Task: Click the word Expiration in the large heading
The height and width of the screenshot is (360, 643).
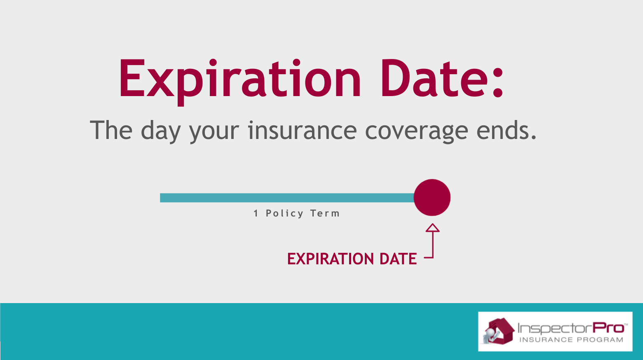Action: [240, 82]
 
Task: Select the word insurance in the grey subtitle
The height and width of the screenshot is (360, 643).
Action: [302, 130]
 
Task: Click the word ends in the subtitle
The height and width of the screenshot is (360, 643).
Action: [506, 130]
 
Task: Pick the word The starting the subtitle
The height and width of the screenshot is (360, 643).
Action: [111, 130]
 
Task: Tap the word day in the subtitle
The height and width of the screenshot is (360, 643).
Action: [161, 132]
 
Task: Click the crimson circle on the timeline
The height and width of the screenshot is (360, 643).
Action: [432, 198]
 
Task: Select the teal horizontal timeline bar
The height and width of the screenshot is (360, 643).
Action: [287, 198]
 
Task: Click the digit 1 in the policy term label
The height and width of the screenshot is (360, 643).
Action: [256, 213]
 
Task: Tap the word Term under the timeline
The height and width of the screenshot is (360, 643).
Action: [325, 213]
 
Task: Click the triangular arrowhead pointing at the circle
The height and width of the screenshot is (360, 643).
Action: [432, 228]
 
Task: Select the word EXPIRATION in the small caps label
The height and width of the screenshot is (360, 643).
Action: [331, 259]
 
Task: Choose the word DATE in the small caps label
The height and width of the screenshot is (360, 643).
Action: [398, 259]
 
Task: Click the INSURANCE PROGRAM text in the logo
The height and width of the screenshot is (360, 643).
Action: [571, 340]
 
